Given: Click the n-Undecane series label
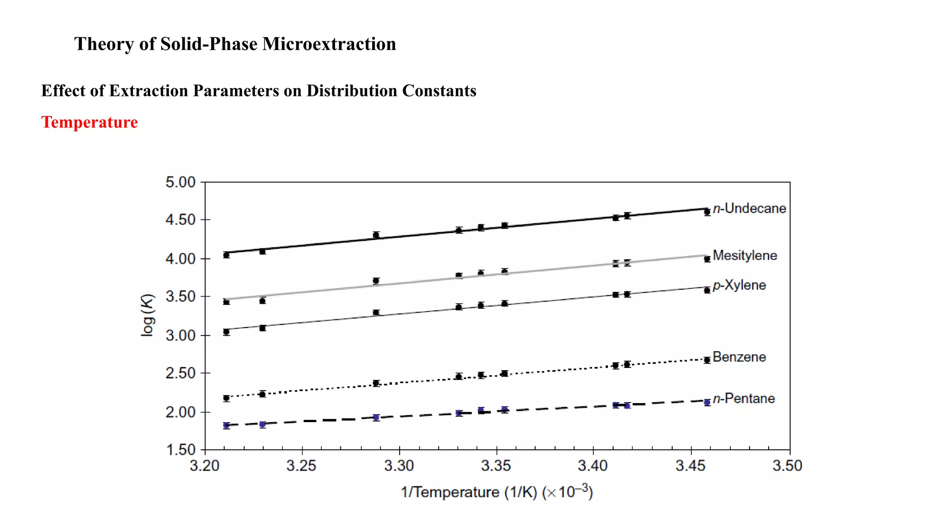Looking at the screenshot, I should point(749,208).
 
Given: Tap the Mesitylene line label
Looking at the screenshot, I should point(745,255).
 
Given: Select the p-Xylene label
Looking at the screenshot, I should point(739,285).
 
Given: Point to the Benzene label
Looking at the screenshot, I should point(739,357).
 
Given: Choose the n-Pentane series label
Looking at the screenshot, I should point(744,398).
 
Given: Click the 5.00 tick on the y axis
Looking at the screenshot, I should point(180,182).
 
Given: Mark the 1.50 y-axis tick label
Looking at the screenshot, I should point(180,450).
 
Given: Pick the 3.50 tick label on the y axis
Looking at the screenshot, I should point(180,297).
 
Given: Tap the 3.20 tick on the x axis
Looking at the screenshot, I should point(204,466).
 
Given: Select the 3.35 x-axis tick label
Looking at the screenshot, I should point(496,466).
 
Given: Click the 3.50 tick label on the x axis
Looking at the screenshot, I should point(787,466).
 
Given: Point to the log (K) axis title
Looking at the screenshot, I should point(147,315).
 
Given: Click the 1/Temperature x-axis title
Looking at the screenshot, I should point(496,492).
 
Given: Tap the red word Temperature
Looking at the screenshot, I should point(90,122).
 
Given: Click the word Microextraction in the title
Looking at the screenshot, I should point(329,44).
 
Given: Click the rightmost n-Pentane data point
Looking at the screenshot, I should point(707,403).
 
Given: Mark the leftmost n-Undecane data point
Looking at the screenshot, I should point(226,255).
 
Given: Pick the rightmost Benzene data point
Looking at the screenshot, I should point(707,360).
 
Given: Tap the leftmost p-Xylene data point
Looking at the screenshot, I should point(226,332).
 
